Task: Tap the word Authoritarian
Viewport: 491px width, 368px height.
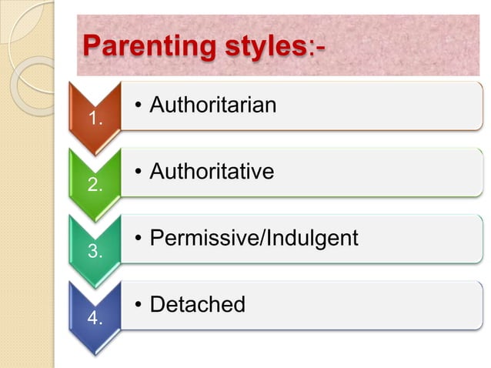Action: tap(212, 105)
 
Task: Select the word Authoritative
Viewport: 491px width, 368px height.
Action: tap(212, 171)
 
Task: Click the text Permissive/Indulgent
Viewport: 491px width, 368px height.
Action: tap(254, 238)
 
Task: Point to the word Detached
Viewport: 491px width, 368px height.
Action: tap(197, 305)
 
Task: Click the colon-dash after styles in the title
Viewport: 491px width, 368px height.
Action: tap(316, 46)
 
